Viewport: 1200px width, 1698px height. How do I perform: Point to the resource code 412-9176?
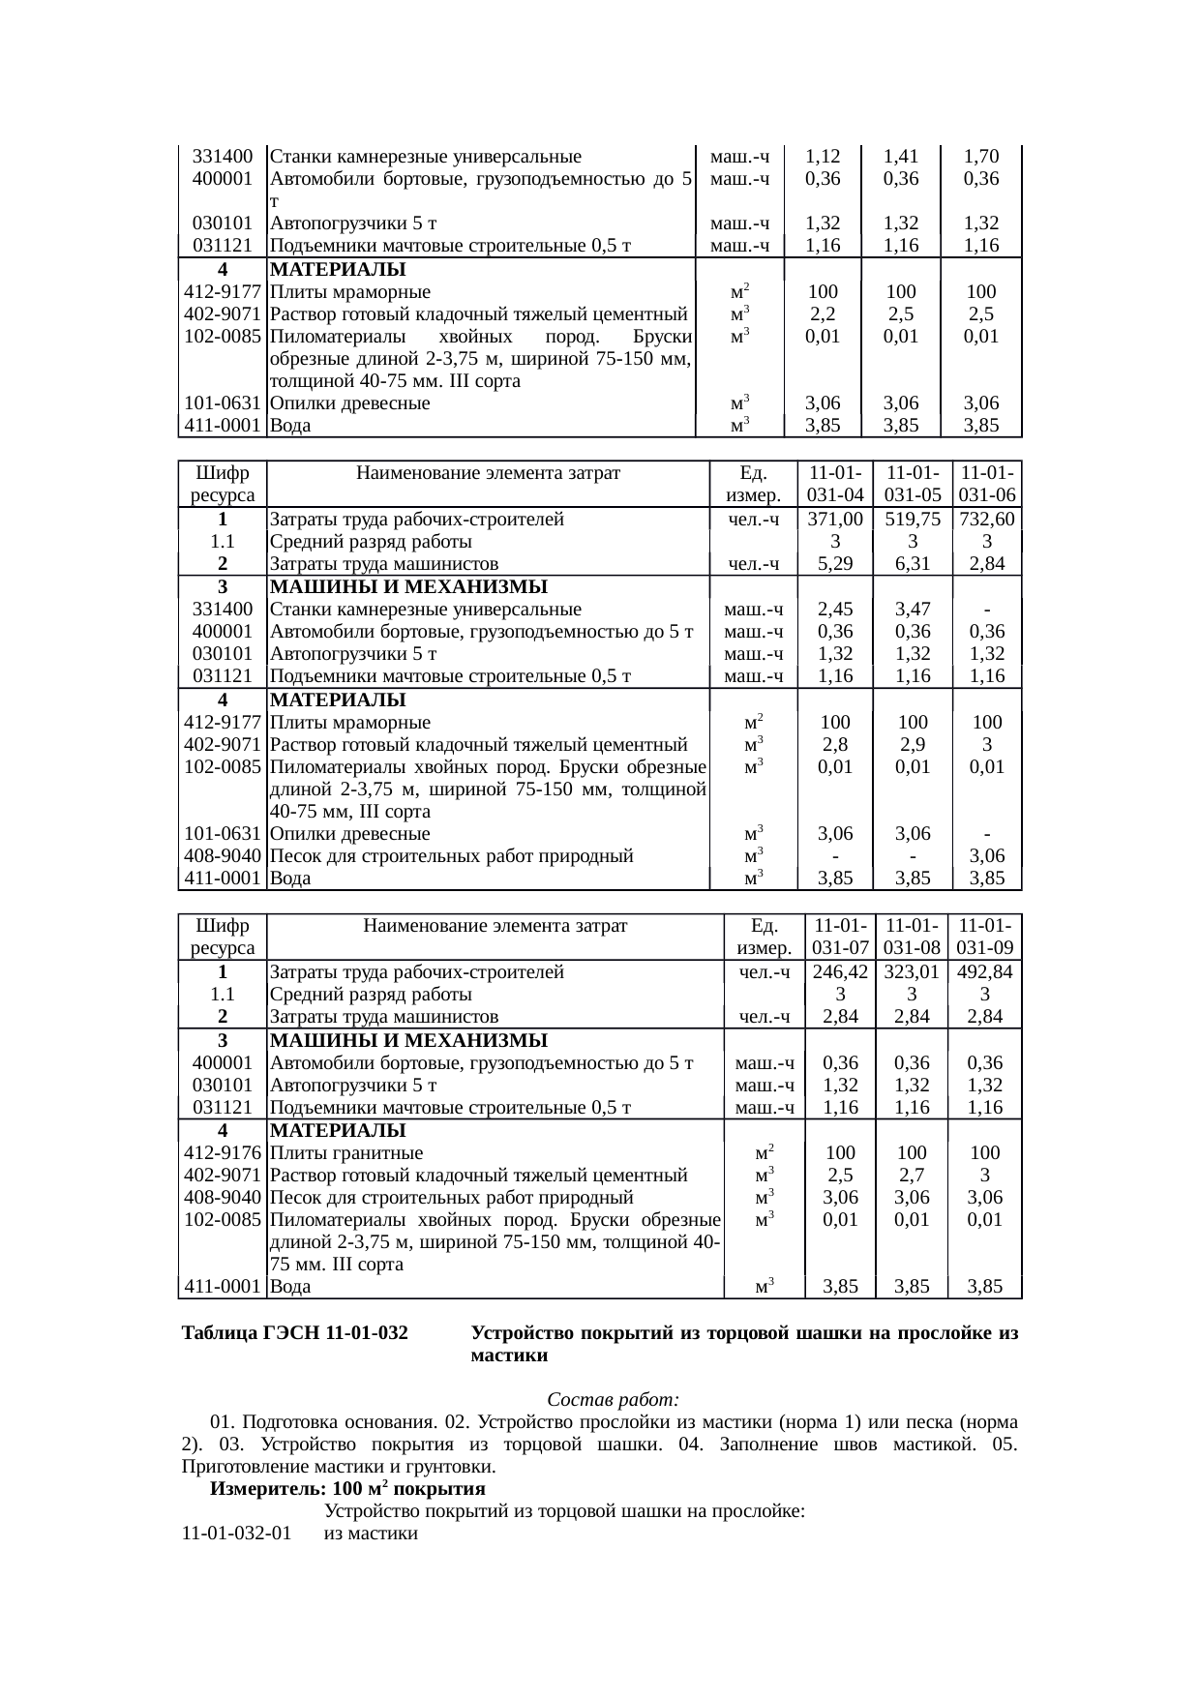222,1152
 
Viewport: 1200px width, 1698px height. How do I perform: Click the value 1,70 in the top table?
981,156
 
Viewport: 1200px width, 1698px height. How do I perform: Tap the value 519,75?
913,519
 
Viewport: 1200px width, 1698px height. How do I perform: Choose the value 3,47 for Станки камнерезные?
913,609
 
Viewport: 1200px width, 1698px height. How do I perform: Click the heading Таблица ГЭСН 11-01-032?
295,1333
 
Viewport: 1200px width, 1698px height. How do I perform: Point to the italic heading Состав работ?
614,1400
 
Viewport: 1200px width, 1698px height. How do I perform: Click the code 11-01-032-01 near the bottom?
236,1534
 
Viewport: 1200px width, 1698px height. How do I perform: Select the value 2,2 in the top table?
822,313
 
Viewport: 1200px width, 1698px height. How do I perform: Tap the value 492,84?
984,971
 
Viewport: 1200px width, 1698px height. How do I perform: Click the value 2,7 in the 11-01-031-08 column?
912,1175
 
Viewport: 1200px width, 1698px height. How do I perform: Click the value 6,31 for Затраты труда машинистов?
913,563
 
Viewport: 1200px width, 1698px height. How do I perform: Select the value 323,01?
912,971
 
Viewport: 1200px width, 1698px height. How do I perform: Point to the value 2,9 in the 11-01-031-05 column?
913,744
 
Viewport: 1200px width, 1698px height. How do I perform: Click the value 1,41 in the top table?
901,156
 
